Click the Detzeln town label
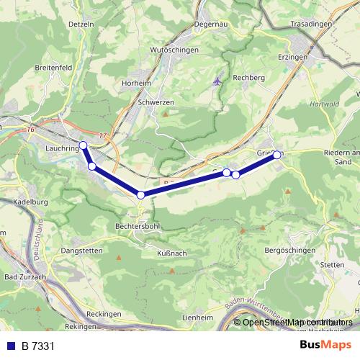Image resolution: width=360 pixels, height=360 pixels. coord(81,24)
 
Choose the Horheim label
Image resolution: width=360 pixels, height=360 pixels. coord(137,83)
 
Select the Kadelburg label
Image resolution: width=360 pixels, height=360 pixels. coord(30,202)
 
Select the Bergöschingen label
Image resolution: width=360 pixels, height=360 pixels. coord(290,250)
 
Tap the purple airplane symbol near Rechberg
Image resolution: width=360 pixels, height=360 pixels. coord(217,81)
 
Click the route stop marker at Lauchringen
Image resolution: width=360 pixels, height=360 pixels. coord(83,145)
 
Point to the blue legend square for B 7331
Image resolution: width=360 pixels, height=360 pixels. coord(12,346)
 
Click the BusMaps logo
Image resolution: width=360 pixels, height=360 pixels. coord(325,345)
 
